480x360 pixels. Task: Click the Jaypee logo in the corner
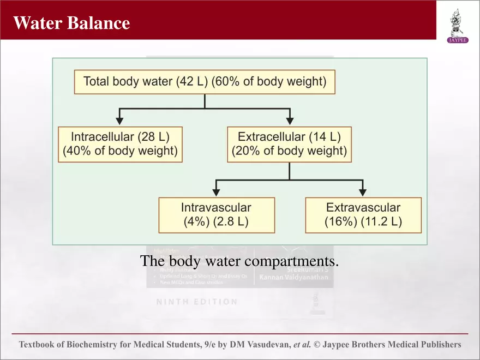[458, 25]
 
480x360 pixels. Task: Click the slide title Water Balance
[71, 23]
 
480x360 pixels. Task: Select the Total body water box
[205, 82]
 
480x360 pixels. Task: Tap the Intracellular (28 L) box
[120, 144]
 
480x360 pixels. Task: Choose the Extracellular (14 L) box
[289, 144]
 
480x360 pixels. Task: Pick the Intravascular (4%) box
[216, 215]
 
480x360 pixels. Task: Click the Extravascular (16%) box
[363, 215]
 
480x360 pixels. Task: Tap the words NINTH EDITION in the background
[197, 302]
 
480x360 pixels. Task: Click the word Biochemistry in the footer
[96, 345]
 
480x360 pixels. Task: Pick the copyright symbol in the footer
[317, 345]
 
